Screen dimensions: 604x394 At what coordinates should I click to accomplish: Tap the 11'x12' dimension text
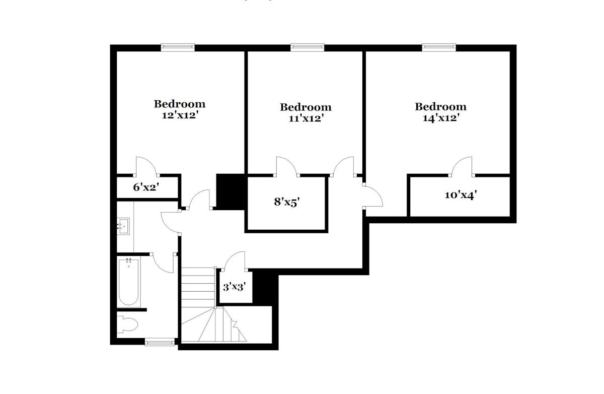pos(306,118)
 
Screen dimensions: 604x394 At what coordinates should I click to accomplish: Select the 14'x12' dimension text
pos(441,118)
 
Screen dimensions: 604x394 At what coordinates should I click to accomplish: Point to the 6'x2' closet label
pos(146,187)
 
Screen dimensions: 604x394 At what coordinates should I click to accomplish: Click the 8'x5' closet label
pos(287,202)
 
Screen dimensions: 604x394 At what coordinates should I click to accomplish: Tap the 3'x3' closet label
pos(235,287)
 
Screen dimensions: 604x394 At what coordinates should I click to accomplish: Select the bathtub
pos(129,283)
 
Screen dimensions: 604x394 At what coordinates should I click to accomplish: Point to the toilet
pos(127,324)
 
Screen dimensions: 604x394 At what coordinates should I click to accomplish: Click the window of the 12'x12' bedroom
pos(178,47)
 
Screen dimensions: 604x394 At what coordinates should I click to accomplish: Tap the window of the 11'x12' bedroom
pos(308,47)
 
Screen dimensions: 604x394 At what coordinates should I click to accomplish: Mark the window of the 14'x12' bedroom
pos(439,47)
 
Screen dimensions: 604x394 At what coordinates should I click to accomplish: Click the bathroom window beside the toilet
pos(160,343)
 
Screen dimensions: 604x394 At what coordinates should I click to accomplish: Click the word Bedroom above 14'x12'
pos(440,107)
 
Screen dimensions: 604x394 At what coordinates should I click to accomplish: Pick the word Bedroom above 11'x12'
pos(306,107)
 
